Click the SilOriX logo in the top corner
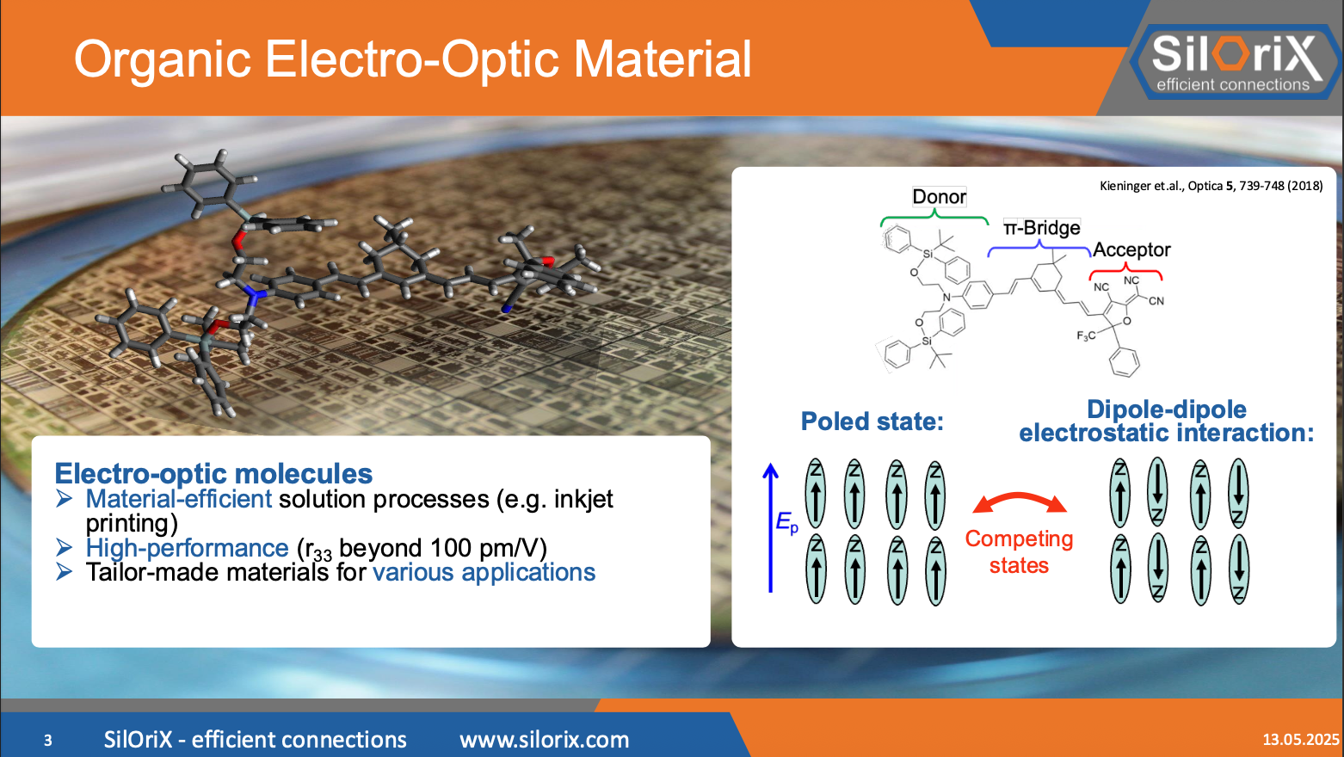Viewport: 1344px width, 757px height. pos(1235,60)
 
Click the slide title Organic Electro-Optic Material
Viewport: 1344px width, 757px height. pos(412,59)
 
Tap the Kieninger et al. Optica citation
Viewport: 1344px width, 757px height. pos(1211,186)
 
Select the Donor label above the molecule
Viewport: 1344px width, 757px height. pos(939,197)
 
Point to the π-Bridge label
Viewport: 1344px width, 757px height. pos(1041,228)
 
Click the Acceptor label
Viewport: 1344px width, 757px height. pos(1131,249)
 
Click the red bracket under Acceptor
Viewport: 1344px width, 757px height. pos(1125,273)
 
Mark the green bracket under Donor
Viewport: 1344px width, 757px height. pos(934,220)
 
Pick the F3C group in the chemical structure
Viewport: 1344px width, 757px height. pos(1086,335)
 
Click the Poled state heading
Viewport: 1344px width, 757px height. pos(872,422)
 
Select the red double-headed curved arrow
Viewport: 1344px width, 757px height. pos(1020,502)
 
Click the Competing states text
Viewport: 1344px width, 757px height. pos(1019,551)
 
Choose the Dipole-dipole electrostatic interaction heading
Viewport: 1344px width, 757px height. pos(1166,421)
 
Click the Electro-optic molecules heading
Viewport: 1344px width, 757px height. pos(213,473)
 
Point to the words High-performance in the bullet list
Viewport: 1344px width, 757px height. pos(187,548)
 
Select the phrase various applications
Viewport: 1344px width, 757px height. pos(484,572)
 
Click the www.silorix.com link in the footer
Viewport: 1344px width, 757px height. pos(544,740)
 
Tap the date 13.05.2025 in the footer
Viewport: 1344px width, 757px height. pos(1300,739)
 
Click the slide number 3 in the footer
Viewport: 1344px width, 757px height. pos(48,740)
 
